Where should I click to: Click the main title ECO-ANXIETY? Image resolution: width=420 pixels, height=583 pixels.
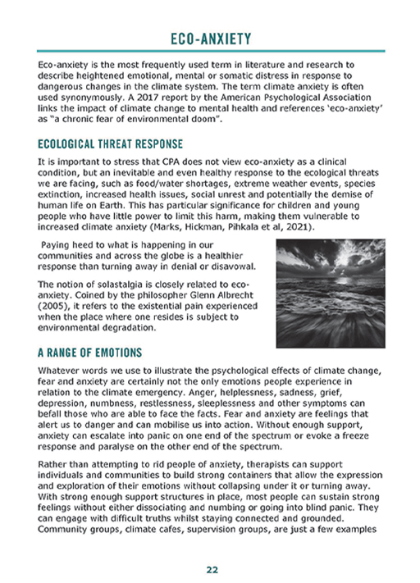click(210, 38)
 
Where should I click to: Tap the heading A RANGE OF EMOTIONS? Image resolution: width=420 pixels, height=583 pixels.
click(90, 353)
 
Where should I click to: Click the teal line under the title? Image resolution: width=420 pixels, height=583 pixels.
click(210, 51)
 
